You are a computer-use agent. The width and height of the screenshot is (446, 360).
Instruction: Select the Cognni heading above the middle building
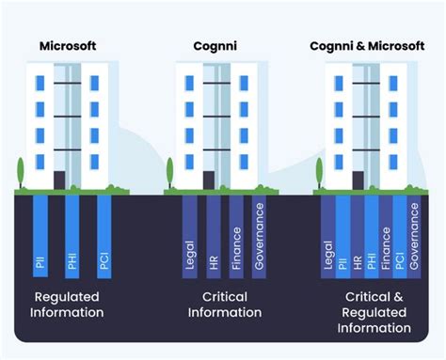[216, 46]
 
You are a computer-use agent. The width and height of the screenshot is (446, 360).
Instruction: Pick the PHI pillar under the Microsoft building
[72, 235]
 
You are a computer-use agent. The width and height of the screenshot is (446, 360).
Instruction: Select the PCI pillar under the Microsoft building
[104, 235]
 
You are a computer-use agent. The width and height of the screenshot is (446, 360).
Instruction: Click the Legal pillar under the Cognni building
[190, 235]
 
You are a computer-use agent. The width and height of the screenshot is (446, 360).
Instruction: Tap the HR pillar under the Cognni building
[214, 235]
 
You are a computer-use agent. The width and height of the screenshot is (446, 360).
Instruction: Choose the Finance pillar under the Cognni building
[236, 235]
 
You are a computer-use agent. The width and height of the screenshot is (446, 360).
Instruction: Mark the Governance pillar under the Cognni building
[260, 235]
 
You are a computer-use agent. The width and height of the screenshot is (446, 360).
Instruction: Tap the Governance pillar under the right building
[415, 235]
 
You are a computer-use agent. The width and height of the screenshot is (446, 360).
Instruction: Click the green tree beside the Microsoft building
[19, 173]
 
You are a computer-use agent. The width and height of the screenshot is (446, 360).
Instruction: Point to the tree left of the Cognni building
[170, 173]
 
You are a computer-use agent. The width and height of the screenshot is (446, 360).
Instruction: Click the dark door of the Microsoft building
[59, 180]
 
